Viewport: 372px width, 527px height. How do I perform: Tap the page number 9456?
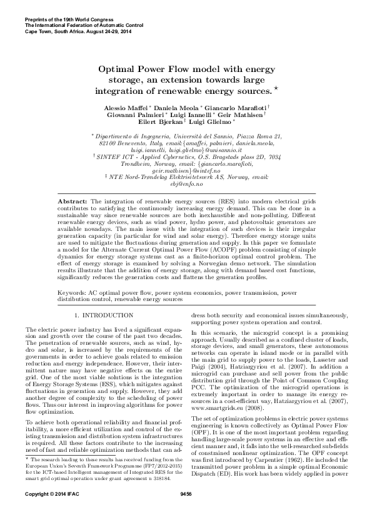186,511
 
